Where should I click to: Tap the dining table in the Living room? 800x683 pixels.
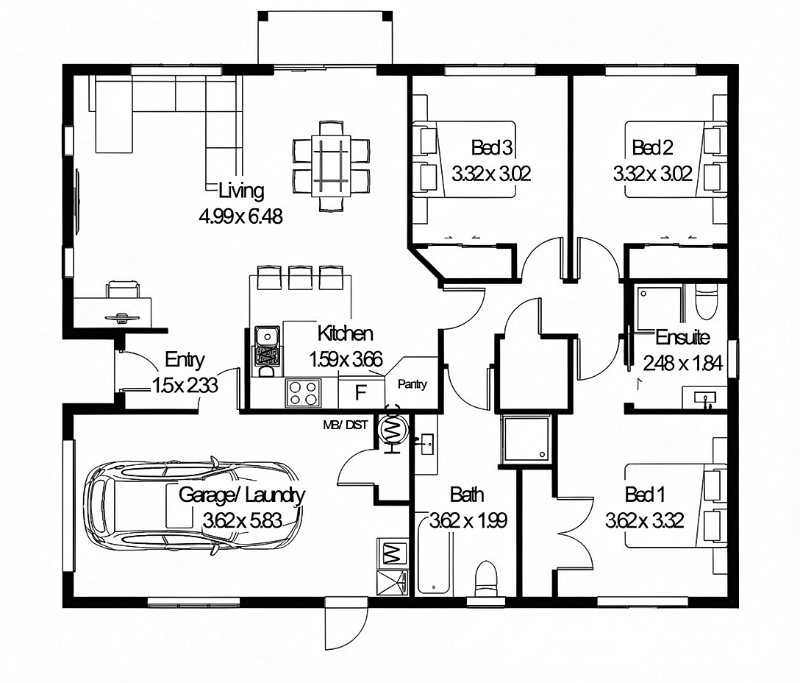tap(331, 166)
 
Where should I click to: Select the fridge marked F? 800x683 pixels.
tap(361, 392)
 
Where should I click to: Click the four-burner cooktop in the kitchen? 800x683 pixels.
tap(303, 393)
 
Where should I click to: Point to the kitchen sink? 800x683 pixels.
tap(266, 336)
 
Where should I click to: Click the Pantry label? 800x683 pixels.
tap(413, 384)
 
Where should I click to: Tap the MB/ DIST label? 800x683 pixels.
tap(346, 425)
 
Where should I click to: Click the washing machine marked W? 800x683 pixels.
tap(393, 553)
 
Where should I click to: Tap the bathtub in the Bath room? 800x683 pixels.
tap(434, 556)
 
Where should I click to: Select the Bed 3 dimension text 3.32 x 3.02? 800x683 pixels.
tap(491, 174)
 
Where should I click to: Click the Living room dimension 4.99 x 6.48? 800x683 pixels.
tap(241, 216)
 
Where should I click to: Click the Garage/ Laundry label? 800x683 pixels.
tap(242, 495)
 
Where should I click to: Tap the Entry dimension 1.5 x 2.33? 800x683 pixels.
tap(185, 385)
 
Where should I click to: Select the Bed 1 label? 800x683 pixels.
tap(645, 495)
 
